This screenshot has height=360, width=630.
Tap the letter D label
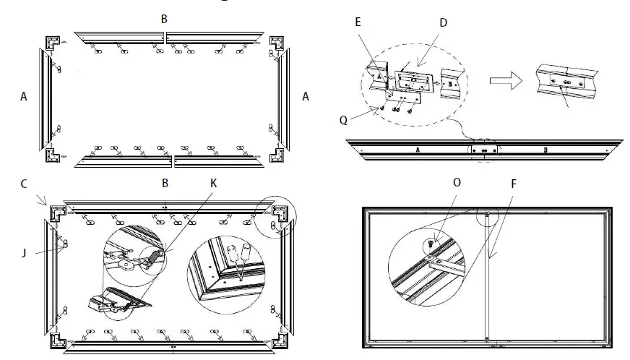pyautogui.click(x=443, y=22)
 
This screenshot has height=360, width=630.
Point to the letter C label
pyautogui.click(x=23, y=184)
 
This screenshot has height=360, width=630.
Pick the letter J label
pyautogui.click(x=24, y=252)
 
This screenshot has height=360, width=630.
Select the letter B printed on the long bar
pyautogui.click(x=544, y=150)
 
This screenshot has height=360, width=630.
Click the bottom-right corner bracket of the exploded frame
pyautogui.click(x=277, y=154)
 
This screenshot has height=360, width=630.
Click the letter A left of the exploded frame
pyautogui.click(x=24, y=96)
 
